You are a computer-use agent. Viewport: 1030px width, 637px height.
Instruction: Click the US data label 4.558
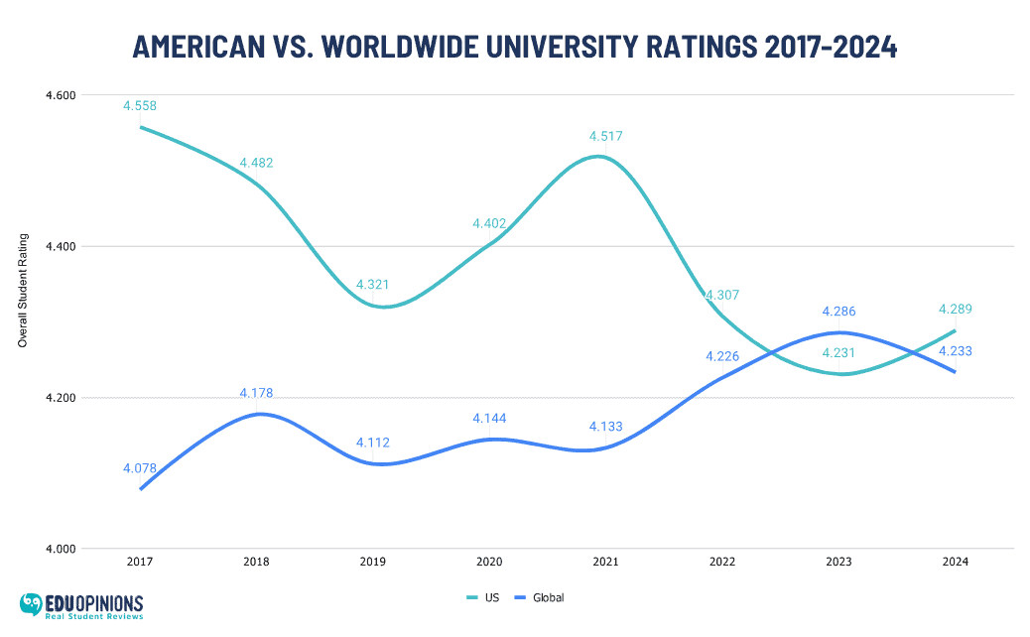tap(140, 105)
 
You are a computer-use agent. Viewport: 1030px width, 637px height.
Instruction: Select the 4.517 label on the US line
tap(605, 136)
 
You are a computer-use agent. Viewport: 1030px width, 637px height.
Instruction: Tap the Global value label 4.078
tap(140, 467)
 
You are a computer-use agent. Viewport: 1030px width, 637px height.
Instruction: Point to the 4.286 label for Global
tap(838, 312)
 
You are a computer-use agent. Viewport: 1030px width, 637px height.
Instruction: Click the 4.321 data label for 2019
tap(373, 285)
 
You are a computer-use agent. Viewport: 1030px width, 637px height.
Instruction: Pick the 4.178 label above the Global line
tap(256, 393)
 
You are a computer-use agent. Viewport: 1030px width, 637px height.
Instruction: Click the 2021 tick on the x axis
tap(605, 562)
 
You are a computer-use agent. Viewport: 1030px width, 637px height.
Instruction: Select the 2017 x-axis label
tap(140, 562)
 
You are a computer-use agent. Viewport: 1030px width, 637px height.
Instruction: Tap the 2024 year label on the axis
tap(955, 562)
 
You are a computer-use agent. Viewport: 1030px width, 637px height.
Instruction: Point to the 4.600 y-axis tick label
tap(61, 95)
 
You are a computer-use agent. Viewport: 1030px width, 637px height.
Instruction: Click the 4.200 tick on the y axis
tap(61, 398)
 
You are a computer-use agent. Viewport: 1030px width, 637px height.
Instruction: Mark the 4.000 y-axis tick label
tap(61, 549)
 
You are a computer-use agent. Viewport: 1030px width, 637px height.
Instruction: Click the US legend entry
tap(483, 597)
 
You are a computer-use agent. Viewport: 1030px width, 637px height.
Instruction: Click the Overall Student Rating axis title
tap(23, 291)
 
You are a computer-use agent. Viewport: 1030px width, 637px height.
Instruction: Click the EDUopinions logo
tap(81, 605)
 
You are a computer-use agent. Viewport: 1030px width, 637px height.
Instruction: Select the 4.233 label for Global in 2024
tap(955, 350)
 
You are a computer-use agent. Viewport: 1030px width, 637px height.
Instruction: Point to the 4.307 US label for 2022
tap(722, 295)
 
